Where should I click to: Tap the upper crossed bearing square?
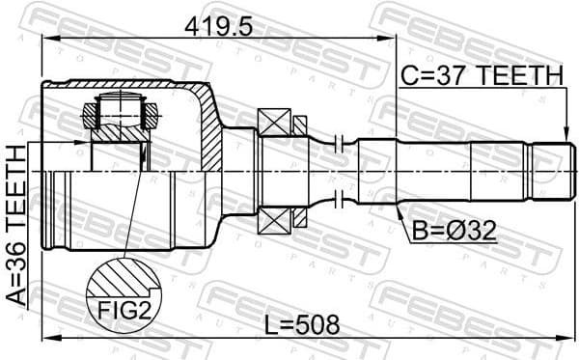pyautogui.click(x=275, y=124)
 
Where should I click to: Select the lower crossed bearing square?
pyautogui.click(x=275, y=221)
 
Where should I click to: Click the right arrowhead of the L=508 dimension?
pyautogui.click(x=569, y=338)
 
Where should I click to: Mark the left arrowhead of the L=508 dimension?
pyautogui.click(x=47, y=338)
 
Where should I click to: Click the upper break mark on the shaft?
pyautogui.click(x=337, y=145)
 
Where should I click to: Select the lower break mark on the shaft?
pyautogui.click(x=337, y=201)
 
